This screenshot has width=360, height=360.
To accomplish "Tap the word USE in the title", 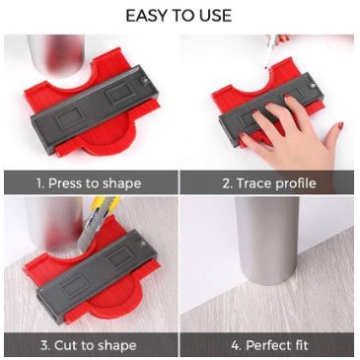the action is pyautogui.click(x=214, y=16).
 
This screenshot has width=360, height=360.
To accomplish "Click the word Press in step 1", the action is pyautogui.click(x=65, y=183).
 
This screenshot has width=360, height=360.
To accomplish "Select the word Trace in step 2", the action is pyautogui.click(x=253, y=183).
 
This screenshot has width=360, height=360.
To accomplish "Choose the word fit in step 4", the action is pyautogui.click(x=299, y=345).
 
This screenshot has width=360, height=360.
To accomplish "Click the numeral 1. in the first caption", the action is pyautogui.click(x=40, y=183).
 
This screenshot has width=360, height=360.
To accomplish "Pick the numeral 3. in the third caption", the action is pyautogui.click(x=45, y=345).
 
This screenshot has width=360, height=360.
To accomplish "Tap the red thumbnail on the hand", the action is pyautogui.click(x=340, y=126).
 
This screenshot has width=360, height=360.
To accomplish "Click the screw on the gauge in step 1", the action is pyautogui.click(x=145, y=80).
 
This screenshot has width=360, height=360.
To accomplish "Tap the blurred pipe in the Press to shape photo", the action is pyautogui.click(x=56, y=54).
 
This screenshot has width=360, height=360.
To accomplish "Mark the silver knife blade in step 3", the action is pyautogui.click(x=87, y=232).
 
